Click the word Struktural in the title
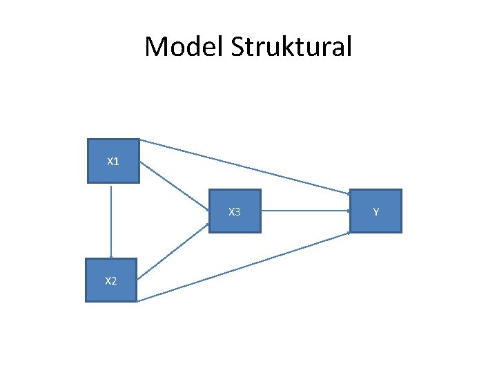tap(291, 47)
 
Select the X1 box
tap(113, 162)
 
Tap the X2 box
tap(111, 280)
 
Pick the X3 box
tap(235, 211)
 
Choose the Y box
tap(376, 211)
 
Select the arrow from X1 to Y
tap(244, 166)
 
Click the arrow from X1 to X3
tap(174, 184)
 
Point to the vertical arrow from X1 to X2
tap(111, 221)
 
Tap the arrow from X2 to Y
tap(244, 267)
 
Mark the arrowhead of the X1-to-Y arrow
tap(347, 193)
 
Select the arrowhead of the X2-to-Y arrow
tap(348, 233)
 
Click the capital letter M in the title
tap(155, 47)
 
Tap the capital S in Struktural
tap(238, 47)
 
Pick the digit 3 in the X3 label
tap(238, 211)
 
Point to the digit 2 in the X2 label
tap(114, 280)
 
